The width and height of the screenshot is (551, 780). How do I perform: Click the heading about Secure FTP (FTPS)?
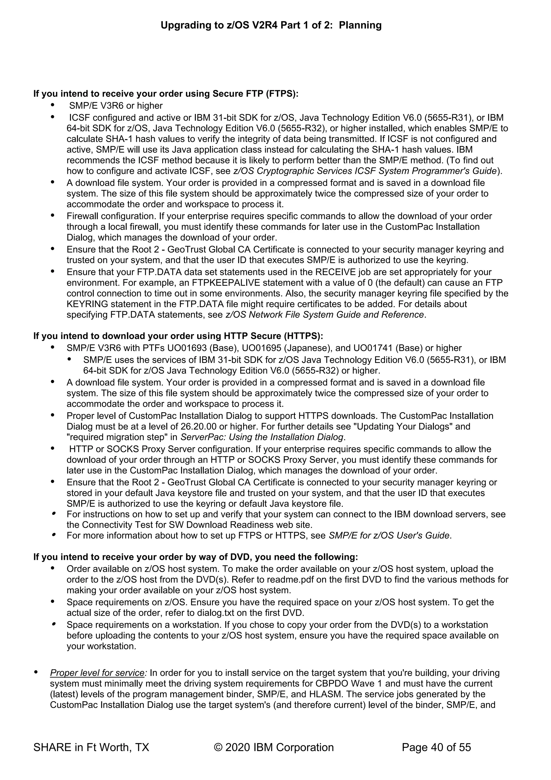coord(165,93)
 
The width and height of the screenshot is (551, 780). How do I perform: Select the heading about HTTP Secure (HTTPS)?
coord(178,336)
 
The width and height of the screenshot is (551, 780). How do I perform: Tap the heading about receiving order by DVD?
coord(195,557)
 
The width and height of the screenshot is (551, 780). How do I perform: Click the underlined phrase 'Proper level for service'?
coord(97,673)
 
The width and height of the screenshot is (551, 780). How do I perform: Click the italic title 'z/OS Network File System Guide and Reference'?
coord(325,315)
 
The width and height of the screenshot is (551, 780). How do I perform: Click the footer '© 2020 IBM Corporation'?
coord(274,747)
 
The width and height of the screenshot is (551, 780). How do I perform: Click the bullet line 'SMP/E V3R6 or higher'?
coord(116,106)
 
